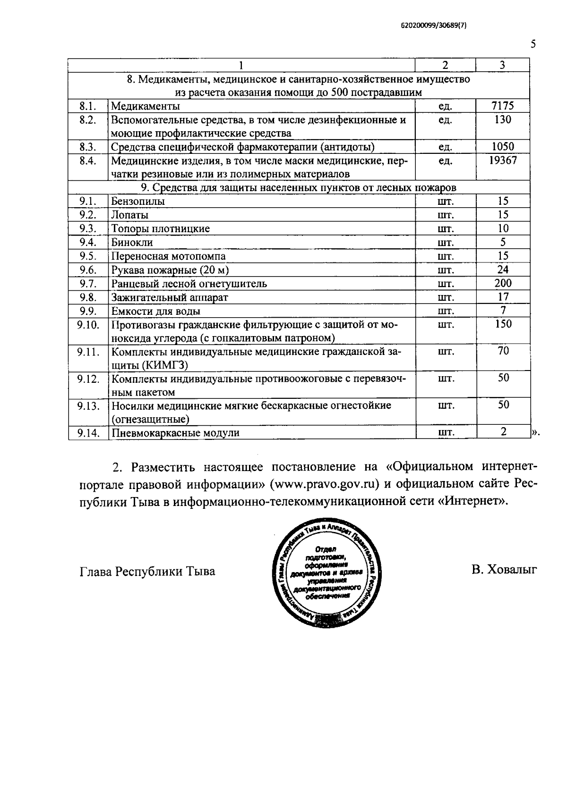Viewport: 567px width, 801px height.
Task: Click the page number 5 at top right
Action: tap(533, 44)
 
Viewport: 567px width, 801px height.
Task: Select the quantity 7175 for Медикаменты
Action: tap(503, 106)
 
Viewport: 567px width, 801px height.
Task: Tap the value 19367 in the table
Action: tap(503, 160)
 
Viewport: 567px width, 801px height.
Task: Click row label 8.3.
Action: tap(88, 147)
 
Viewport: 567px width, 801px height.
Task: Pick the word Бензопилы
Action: tap(138, 202)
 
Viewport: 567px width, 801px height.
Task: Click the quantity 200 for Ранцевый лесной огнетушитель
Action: tap(503, 283)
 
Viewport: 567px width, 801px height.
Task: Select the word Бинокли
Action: tap(132, 243)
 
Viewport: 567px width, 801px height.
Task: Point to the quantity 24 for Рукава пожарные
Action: tap(503, 270)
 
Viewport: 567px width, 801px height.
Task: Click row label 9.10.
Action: tap(88, 325)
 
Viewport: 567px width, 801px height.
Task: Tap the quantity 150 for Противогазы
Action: tap(503, 324)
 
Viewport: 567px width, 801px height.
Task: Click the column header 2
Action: tap(445, 65)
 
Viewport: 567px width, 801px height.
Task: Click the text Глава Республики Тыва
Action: tap(147, 571)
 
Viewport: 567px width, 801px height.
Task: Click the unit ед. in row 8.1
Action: tap(445, 106)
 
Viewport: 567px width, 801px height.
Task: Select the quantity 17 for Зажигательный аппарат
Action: tap(503, 297)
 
